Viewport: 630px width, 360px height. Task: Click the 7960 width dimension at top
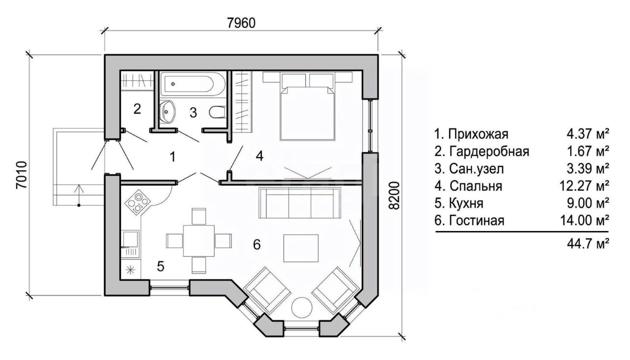(241, 23)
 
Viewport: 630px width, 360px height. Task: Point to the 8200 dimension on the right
(395, 196)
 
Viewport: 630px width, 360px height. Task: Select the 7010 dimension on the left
(22, 174)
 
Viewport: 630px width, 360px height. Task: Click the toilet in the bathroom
(218, 112)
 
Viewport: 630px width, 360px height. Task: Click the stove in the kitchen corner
(138, 201)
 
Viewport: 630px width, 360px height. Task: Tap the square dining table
(199, 241)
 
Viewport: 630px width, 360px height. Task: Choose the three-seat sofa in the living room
(300, 203)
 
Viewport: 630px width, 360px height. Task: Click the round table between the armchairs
(302, 307)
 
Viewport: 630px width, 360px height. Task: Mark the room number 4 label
(259, 156)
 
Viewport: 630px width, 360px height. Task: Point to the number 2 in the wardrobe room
(137, 109)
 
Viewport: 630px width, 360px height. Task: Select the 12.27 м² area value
(584, 186)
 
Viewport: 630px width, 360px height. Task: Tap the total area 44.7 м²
(588, 243)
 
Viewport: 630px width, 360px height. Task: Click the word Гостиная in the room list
(477, 221)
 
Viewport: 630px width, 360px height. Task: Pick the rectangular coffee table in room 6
(301, 248)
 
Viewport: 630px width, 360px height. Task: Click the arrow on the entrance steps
(79, 195)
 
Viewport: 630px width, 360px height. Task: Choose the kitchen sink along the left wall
(130, 239)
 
